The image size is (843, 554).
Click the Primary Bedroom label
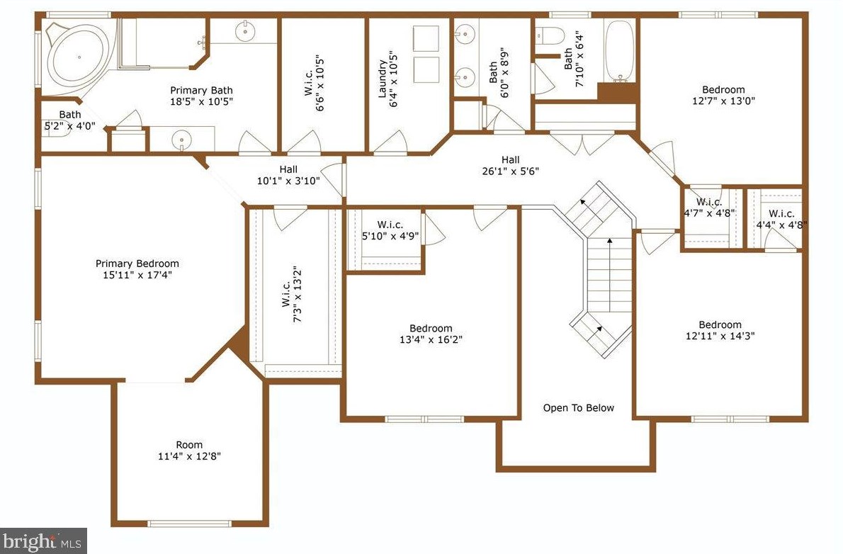point(137,264)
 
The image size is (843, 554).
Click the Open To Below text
point(578,408)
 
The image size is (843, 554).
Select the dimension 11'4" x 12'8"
point(189,457)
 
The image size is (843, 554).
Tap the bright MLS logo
point(43,541)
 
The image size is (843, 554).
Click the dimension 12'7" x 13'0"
point(723,101)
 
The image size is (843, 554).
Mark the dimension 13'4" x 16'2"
point(431,339)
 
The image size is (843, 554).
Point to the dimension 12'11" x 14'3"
point(720,336)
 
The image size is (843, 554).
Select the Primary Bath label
point(201,91)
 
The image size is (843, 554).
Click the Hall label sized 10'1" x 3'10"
point(288,169)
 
